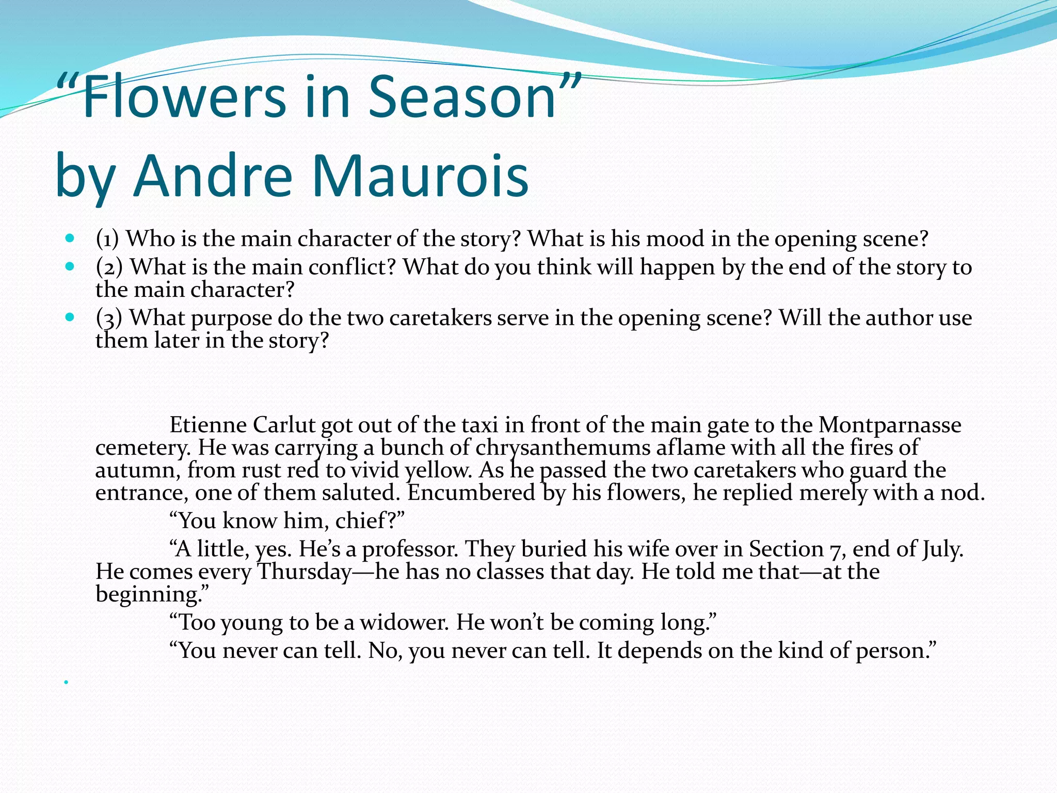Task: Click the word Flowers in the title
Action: click(x=183, y=97)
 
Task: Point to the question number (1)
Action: click(x=107, y=239)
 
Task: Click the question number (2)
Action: click(x=109, y=267)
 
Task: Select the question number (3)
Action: click(x=109, y=318)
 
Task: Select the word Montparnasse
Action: click(x=890, y=425)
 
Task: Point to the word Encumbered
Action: click(x=471, y=493)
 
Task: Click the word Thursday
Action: click(x=305, y=572)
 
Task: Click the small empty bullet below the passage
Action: click(x=66, y=683)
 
